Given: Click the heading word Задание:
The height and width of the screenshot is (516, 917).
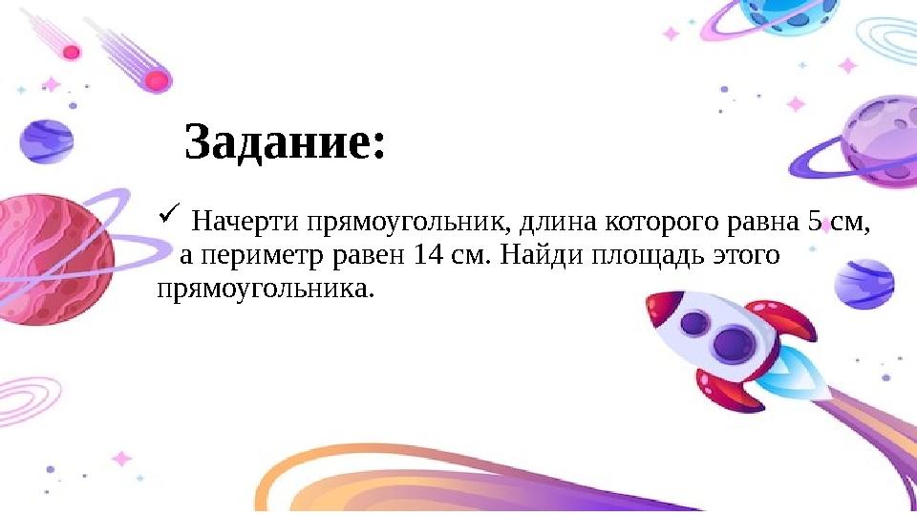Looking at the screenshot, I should click(285, 143).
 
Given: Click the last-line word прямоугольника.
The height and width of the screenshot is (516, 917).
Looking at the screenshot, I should click(262, 288).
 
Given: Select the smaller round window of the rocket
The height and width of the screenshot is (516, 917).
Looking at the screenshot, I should click(693, 324).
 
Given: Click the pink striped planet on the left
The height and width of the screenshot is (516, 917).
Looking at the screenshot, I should click(53, 258).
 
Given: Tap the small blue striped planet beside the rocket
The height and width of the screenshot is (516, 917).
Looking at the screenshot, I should click(864, 281).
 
